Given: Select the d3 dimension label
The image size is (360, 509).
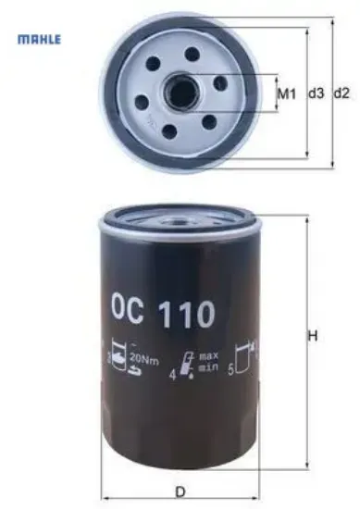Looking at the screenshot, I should click(315, 93).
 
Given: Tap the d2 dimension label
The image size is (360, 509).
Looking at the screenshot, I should click(341, 93).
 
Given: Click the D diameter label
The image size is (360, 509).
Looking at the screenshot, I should click(180, 491).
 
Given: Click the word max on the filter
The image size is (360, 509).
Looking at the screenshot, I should click(209, 356).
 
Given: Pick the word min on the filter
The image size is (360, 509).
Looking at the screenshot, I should click(208, 368).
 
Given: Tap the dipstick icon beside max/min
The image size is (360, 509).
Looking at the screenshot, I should click(187, 364).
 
